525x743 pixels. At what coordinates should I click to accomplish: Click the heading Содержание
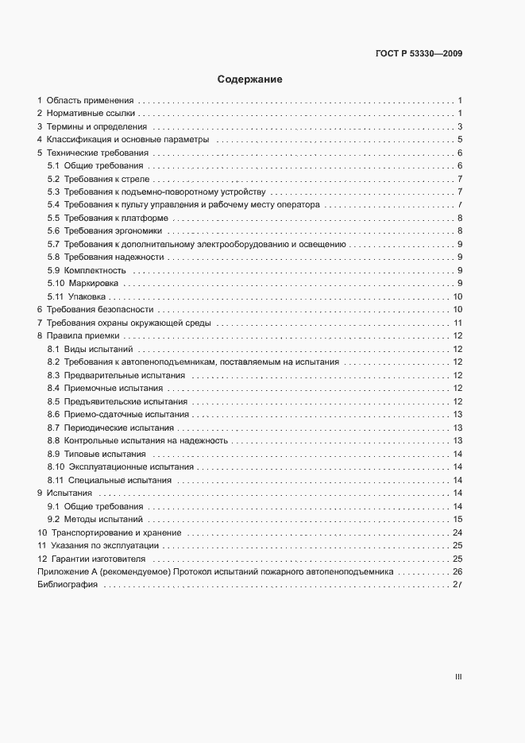[250, 79]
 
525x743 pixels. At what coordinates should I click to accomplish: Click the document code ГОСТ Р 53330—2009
[419, 54]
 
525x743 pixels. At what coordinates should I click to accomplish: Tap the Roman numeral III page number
[457, 677]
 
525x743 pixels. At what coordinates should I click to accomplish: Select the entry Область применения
[90, 101]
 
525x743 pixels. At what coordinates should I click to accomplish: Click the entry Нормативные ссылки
[91, 114]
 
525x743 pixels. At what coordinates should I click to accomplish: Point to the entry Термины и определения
[96, 126]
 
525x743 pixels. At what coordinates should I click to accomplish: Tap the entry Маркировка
[94, 283]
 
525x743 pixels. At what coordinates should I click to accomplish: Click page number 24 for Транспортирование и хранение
[457, 532]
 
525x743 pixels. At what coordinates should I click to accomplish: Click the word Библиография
[68, 585]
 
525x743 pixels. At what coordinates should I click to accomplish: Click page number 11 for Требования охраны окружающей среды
[457, 323]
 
